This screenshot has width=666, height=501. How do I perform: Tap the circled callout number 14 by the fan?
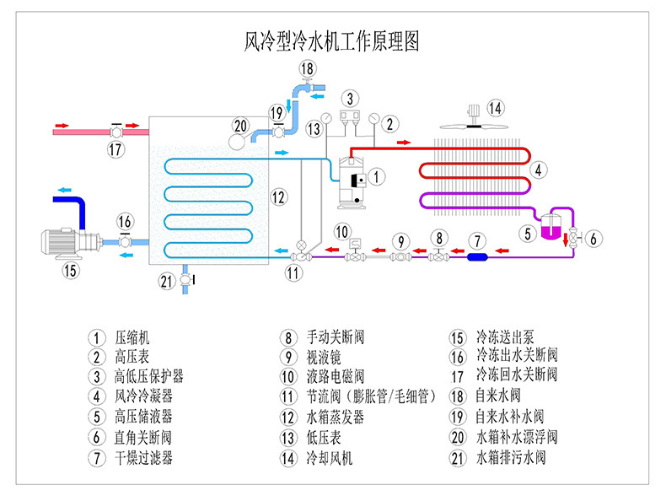[496, 108]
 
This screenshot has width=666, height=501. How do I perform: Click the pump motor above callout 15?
[63, 242]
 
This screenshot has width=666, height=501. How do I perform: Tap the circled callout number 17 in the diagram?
[115, 151]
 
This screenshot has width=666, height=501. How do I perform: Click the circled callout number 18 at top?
[308, 69]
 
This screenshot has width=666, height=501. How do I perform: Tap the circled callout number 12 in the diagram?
[279, 197]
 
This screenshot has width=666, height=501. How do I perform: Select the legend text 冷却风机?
[330, 459]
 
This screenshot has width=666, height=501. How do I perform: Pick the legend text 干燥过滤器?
[144, 458]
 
